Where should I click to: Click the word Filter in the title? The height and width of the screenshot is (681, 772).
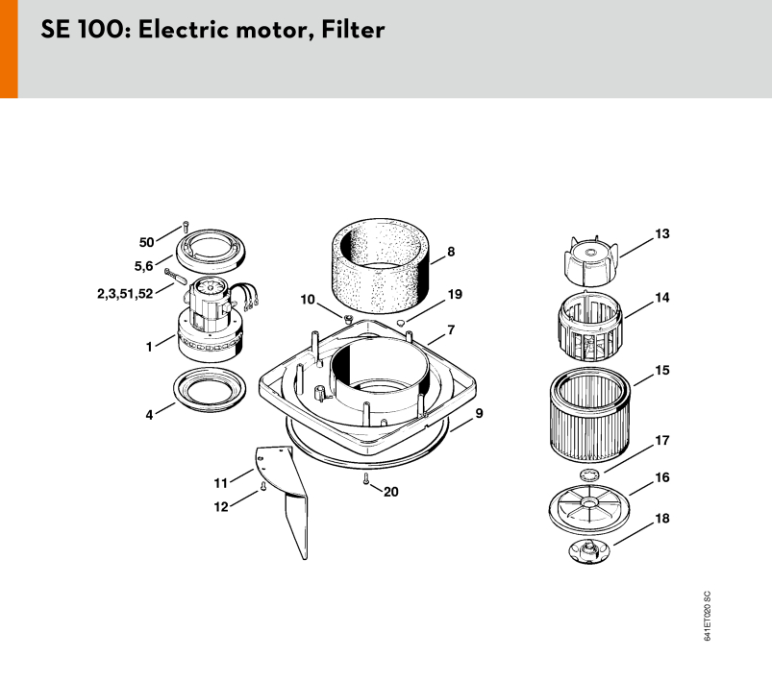353,30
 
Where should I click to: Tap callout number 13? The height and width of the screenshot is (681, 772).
662,233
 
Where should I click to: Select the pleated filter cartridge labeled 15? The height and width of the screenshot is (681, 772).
590,415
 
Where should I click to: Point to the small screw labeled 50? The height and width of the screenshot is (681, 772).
186,228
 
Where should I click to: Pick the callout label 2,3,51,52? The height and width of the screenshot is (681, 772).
125,294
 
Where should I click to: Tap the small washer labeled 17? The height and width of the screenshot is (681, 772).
589,475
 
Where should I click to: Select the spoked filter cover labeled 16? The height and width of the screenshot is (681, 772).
588,508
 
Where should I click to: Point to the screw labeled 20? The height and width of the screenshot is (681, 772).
366,478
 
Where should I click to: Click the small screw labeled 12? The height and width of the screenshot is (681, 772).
262,487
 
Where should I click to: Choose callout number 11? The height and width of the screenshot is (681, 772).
220,483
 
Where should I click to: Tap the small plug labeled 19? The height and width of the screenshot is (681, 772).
402,323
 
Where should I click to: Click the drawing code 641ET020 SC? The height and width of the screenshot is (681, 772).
707,616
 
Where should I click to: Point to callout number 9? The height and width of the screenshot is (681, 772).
479,413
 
